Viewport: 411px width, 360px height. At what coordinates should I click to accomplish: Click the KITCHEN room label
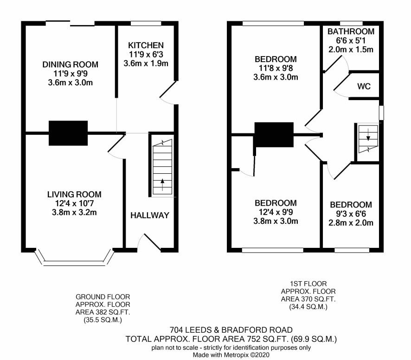click(146, 45)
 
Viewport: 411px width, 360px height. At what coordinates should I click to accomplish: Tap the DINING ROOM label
click(70, 64)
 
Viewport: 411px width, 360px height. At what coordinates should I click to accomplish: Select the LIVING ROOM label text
click(74, 194)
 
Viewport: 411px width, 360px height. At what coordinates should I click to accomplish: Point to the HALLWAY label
click(150, 215)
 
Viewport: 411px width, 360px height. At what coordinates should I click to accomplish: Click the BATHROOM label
click(351, 32)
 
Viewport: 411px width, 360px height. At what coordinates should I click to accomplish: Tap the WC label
click(364, 86)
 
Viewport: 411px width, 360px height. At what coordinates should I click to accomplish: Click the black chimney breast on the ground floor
click(68, 133)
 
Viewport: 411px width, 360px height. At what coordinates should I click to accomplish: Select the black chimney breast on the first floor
click(274, 134)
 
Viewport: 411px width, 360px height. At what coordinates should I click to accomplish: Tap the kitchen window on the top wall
click(146, 24)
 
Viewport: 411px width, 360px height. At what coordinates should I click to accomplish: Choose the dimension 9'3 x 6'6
click(351, 214)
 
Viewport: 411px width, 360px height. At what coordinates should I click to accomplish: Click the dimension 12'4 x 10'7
click(74, 203)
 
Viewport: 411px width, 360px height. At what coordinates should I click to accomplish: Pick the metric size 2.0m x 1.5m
click(351, 50)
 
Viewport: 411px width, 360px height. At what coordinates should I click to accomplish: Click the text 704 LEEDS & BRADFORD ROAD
click(231, 330)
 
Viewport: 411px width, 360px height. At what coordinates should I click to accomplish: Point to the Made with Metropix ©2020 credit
click(231, 355)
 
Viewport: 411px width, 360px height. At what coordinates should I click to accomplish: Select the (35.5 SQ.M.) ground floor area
click(103, 320)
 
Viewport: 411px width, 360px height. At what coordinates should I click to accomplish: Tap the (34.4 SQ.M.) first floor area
click(308, 307)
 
